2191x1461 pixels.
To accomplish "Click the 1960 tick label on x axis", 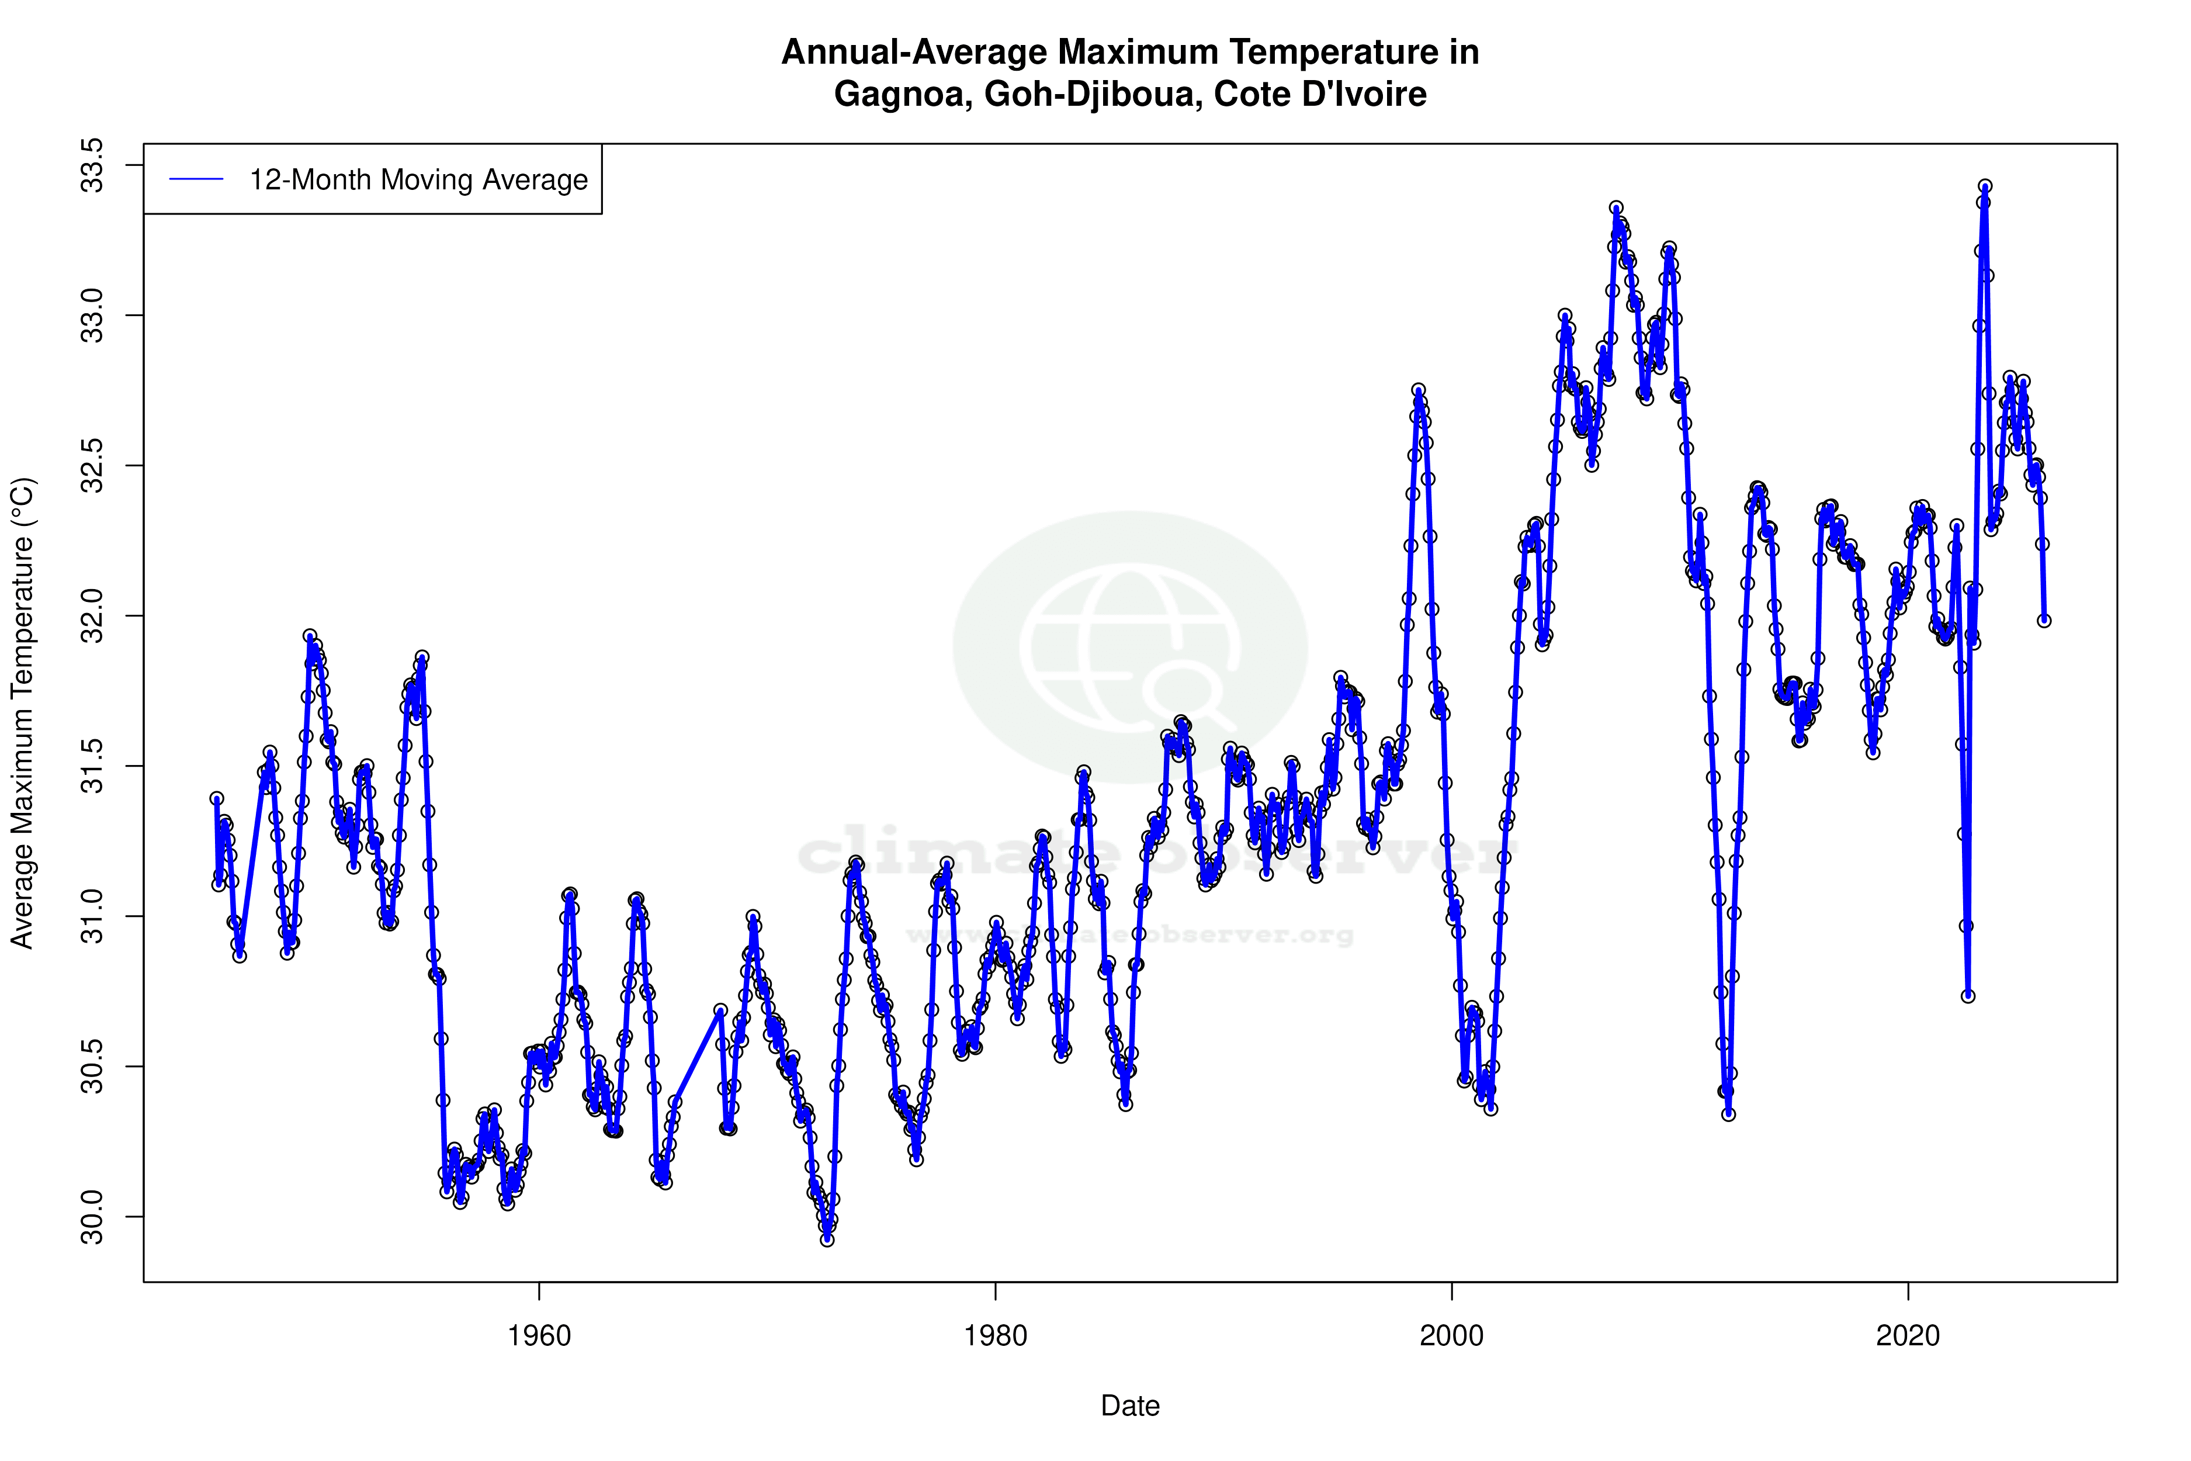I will [539, 1336].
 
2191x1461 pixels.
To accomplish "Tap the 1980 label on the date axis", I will [995, 1336].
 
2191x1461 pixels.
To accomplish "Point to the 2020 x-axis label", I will [1908, 1336].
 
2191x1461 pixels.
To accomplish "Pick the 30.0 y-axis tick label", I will [93, 1217].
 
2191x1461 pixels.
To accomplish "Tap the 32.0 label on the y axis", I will [93, 616].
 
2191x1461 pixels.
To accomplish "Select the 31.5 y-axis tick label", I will [93, 766].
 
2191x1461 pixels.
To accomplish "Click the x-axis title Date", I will [1130, 1406].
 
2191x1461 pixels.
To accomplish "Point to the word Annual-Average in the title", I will [913, 52].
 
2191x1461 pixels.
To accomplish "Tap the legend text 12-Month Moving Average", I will [418, 180].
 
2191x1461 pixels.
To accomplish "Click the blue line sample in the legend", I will [196, 180].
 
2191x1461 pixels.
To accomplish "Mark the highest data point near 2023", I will [1985, 186].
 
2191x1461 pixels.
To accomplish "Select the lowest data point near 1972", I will [827, 1240].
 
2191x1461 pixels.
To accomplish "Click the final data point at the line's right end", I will [2044, 621].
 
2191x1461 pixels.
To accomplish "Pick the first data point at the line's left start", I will [216, 798].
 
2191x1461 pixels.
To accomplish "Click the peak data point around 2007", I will [1616, 208].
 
